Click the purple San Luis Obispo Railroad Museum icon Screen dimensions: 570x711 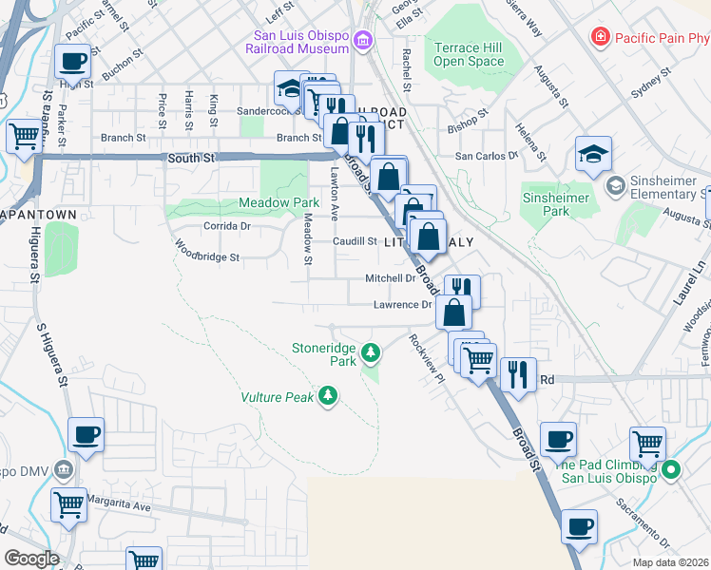362,40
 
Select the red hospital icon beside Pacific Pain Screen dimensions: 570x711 600,38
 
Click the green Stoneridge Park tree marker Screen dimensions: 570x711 371,355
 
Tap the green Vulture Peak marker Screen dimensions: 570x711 328,394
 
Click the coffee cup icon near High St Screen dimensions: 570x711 73,63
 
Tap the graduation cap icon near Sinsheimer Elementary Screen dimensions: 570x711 593,154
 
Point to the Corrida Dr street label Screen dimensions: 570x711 227,226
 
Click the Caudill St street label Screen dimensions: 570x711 355,241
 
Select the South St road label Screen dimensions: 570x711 190,158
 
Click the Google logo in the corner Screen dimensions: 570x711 31,558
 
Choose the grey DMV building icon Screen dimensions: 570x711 64,468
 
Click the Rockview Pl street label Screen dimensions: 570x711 426,357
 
